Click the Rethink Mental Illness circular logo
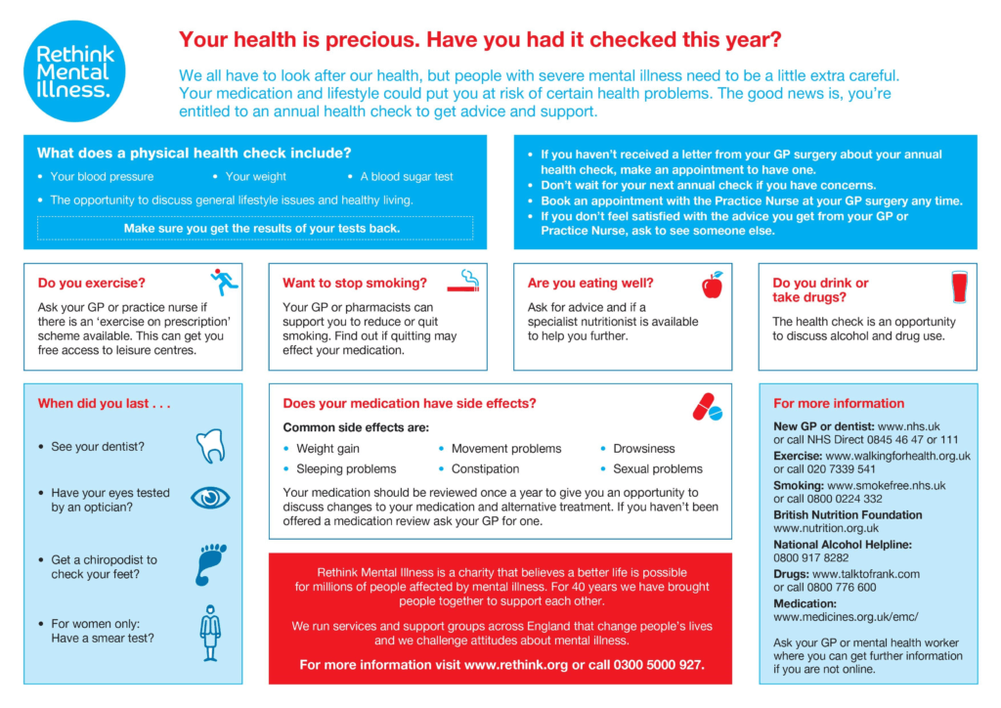pyautogui.click(x=74, y=68)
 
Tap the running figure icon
pyautogui.click(x=224, y=283)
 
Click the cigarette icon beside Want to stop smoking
pyautogui.click(x=463, y=282)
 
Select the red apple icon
pyautogui.click(x=712, y=285)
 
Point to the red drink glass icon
pyautogui.click(x=958, y=287)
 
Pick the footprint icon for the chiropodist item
pyautogui.click(x=209, y=564)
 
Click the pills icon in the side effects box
pyautogui.click(x=707, y=407)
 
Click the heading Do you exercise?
pyautogui.click(x=91, y=284)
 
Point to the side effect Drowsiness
pyautogui.click(x=643, y=449)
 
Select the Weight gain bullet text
pyautogui.click(x=327, y=449)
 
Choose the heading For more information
pyautogui.click(x=839, y=403)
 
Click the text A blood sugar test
pyautogui.click(x=407, y=177)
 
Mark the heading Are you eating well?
pyautogui.click(x=590, y=284)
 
